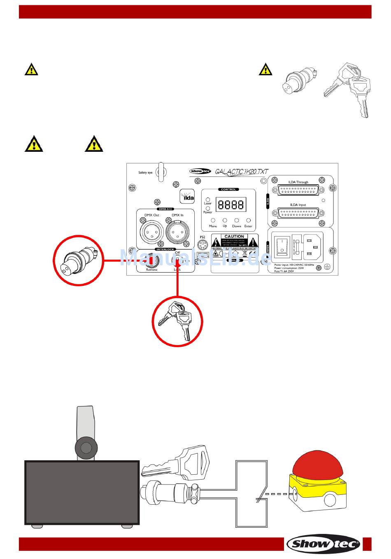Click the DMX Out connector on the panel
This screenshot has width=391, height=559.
150,232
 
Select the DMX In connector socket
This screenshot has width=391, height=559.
177,232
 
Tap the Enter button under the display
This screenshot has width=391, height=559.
248,220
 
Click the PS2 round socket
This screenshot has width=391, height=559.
202,245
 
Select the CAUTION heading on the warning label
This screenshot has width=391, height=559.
234,237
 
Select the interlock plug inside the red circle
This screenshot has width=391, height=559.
78,260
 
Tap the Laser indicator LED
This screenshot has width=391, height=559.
208,200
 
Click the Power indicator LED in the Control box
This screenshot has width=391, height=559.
208,209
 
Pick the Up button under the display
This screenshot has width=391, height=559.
225,220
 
